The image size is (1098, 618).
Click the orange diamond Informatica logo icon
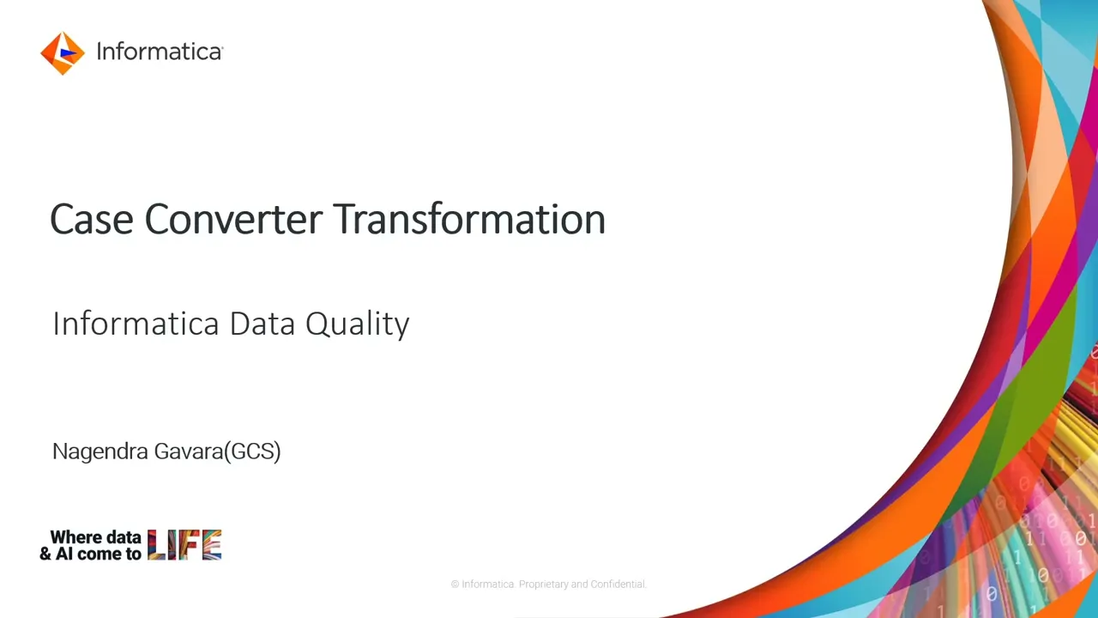62,53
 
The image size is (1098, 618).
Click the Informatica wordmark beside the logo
159,51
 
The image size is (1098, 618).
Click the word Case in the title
92,220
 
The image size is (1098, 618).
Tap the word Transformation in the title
469,220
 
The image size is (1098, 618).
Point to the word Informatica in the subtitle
136,324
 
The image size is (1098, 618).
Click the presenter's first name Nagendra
100,451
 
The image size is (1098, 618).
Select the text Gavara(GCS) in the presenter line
217,451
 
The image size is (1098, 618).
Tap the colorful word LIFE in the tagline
184,545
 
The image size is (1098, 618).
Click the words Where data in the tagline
95,537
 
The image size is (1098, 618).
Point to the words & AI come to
90,554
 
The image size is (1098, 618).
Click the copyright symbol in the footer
455,585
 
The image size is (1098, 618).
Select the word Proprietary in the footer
543,585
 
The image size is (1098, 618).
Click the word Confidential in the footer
618,585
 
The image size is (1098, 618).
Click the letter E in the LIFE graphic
212,545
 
